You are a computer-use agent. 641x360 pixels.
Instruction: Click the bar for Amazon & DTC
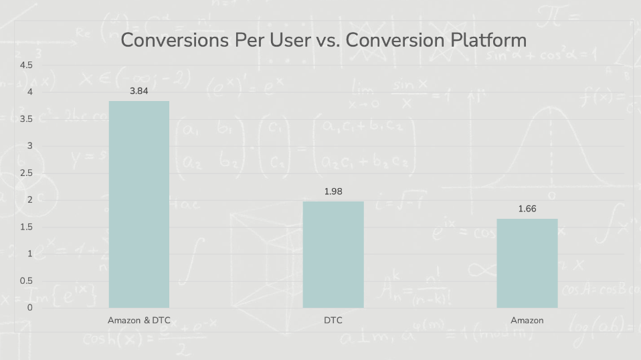[139, 204]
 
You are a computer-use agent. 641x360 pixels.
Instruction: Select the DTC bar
[333, 254]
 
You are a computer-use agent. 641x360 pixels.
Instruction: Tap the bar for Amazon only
[527, 263]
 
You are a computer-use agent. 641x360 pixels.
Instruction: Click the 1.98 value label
[333, 191]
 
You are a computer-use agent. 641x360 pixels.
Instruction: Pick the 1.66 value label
[527, 209]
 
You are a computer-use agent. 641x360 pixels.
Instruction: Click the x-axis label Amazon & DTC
[139, 321]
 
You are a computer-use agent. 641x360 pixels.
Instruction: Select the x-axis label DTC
[333, 321]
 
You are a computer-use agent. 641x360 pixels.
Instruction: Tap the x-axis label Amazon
[527, 321]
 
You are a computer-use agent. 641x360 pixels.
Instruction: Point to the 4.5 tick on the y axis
[26, 65]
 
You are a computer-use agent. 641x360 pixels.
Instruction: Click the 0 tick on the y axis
[29, 308]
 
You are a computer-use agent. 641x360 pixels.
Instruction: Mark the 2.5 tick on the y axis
[26, 173]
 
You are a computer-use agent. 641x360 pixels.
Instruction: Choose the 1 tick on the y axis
[29, 254]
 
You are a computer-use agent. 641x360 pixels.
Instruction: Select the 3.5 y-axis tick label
[26, 119]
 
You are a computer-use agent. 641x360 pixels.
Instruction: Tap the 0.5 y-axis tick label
[26, 281]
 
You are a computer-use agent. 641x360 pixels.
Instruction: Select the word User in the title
[287, 40]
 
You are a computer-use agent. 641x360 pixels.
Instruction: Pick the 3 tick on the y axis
[29, 146]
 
